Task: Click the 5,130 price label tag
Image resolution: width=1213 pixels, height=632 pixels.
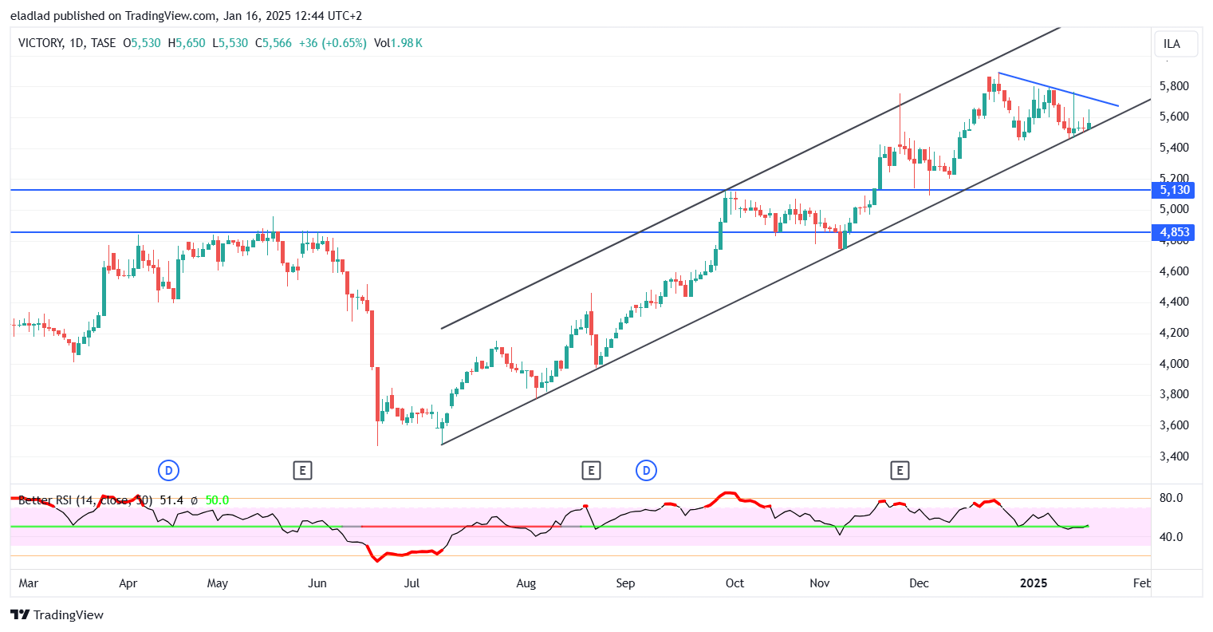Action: pyautogui.click(x=1175, y=190)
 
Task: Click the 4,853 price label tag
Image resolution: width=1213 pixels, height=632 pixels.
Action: pyautogui.click(x=1175, y=232)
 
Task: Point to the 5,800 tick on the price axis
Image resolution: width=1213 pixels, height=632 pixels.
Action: pyautogui.click(x=1175, y=86)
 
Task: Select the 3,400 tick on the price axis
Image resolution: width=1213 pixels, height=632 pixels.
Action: pyautogui.click(x=1175, y=456)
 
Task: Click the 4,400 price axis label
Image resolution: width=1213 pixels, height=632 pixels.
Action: pyautogui.click(x=1175, y=302)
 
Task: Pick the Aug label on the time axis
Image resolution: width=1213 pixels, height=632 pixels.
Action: pyautogui.click(x=526, y=583)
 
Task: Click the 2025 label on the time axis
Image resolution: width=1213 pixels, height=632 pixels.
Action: pyautogui.click(x=1034, y=583)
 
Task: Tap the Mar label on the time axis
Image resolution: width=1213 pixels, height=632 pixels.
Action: pyautogui.click(x=29, y=583)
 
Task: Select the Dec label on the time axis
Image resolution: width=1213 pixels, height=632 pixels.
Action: pyautogui.click(x=920, y=583)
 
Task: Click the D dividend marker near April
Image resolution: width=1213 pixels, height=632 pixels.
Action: pyautogui.click(x=168, y=471)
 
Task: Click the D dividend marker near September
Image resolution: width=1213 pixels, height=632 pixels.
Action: pyautogui.click(x=646, y=471)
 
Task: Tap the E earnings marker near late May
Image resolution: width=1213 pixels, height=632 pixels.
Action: pyautogui.click(x=301, y=471)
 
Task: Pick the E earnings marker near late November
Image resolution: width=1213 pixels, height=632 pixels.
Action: pyautogui.click(x=900, y=471)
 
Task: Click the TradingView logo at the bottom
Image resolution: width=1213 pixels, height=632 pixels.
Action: pyautogui.click(x=57, y=614)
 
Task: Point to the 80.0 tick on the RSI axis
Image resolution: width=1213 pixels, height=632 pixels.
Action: pyautogui.click(x=1171, y=498)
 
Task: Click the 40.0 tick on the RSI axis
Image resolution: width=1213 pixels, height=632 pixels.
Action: pyautogui.click(x=1171, y=537)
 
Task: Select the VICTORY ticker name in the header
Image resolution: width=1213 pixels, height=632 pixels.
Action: pyautogui.click(x=40, y=43)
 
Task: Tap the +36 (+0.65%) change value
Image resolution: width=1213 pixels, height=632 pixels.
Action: pyautogui.click(x=333, y=43)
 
